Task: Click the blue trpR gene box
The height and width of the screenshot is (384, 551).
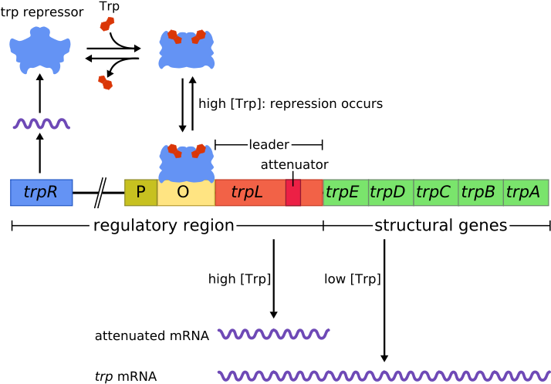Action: [x=42, y=193]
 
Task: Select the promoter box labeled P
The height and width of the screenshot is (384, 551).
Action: [x=140, y=193]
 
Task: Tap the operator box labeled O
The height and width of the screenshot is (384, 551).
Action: [x=185, y=194]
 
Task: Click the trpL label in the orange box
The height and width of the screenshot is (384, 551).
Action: [x=247, y=193]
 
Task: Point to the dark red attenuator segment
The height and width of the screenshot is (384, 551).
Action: [x=293, y=193]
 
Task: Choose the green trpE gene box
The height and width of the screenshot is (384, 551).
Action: [x=345, y=193]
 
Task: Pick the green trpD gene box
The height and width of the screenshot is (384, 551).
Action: [x=390, y=193]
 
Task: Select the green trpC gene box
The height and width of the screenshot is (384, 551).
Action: [x=435, y=193]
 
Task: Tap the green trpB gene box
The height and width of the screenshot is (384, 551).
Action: [x=480, y=193]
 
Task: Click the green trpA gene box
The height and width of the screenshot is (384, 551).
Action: [x=526, y=193]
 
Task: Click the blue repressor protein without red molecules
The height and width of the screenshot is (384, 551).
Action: [x=40, y=51]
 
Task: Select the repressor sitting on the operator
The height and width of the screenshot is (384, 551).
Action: [x=186, y=166]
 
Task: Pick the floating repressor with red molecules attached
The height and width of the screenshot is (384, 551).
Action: [x=186, y=51]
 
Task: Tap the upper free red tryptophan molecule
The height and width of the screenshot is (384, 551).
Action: [x=106, y=24]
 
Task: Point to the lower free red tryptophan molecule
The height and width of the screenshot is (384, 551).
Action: [x=106, y=83]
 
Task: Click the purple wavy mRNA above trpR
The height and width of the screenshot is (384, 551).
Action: [x=42, y=123]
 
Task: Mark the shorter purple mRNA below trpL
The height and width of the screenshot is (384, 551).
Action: [x=273, y=334]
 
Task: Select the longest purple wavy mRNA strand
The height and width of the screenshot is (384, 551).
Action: [x=384, y=376]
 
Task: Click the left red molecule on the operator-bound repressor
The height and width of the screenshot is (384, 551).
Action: [x=174, y=150]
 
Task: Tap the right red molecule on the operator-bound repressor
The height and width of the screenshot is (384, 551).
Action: [x=198, y=150]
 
